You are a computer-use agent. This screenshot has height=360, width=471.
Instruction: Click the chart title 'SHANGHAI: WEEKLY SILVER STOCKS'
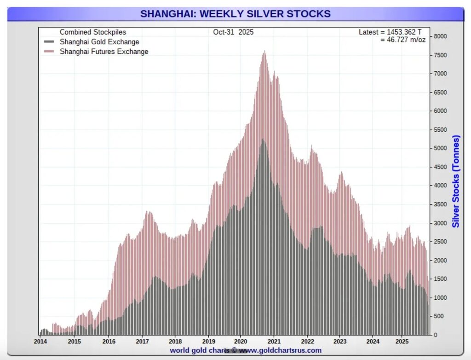235,14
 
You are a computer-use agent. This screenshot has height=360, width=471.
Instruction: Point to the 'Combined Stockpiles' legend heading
93,32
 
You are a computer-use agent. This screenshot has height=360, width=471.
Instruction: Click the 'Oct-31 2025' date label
233,32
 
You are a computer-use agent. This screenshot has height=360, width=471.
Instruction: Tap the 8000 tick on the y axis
441,36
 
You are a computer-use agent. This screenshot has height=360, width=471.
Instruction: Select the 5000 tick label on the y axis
441,148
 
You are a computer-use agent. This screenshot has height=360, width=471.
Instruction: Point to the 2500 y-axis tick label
441,242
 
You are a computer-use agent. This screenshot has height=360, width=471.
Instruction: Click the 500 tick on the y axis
439,316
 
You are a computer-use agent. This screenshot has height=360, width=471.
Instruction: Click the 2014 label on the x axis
40,342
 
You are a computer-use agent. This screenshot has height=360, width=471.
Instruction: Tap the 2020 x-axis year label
240,342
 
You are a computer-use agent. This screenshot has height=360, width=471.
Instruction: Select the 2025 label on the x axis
402,342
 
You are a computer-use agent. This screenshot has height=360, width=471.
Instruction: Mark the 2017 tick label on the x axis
142,342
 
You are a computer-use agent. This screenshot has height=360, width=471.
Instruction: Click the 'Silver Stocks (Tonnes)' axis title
456,181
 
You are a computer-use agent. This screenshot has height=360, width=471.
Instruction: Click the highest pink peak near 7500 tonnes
264,52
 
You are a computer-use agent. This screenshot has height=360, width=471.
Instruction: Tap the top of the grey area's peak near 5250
263,139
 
